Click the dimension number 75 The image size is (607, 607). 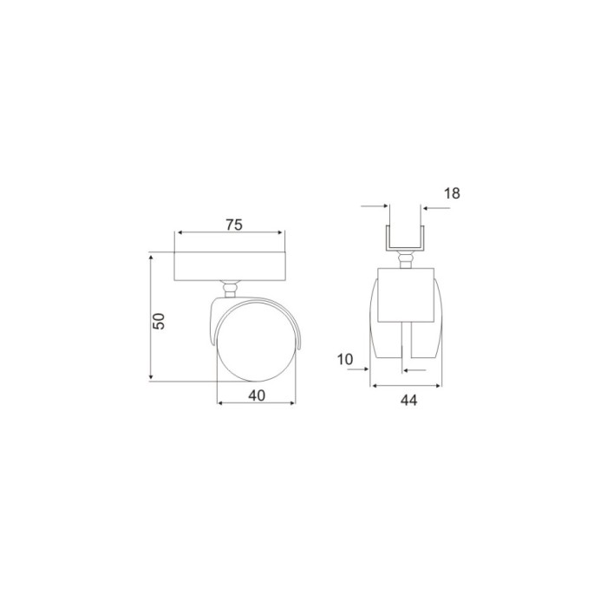click(234, 225)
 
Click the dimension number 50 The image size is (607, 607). click(159, 321)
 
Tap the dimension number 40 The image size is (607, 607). click(257, 395)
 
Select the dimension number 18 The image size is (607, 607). click(452, 193)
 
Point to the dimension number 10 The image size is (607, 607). click(345, 360)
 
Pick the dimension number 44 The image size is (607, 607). click(408, 401)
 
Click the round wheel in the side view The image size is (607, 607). click(257, 343)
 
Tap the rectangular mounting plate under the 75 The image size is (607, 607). click(230, 266)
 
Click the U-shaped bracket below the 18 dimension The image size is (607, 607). click(405, 238)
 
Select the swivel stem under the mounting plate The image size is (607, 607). click(229, 289)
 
